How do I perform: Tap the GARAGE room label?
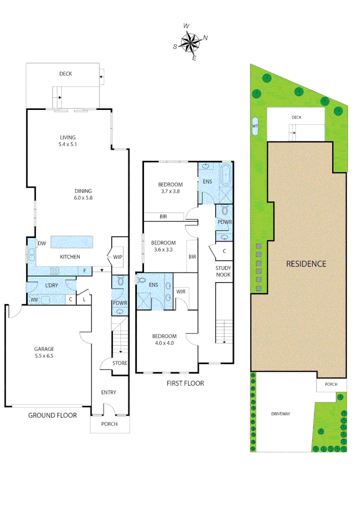pos(44,349)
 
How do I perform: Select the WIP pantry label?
pos(118,257)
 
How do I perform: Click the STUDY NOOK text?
pos(223,271)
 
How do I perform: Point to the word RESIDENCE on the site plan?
pos(306,264)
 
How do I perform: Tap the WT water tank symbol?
pos(254,126)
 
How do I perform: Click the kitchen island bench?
pos(71,242)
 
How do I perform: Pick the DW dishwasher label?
pos(42,244)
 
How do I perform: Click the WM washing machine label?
pos(34,300)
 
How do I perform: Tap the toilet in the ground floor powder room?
pos(120,282)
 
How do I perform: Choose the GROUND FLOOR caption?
pos(53,415)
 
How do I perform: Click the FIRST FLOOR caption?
pos(185,383)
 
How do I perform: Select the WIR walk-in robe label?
pos(181,291)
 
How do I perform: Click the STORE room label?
pos(120,363)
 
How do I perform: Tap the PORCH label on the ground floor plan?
pos(109,424)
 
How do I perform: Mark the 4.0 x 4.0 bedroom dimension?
pos(164,343)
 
